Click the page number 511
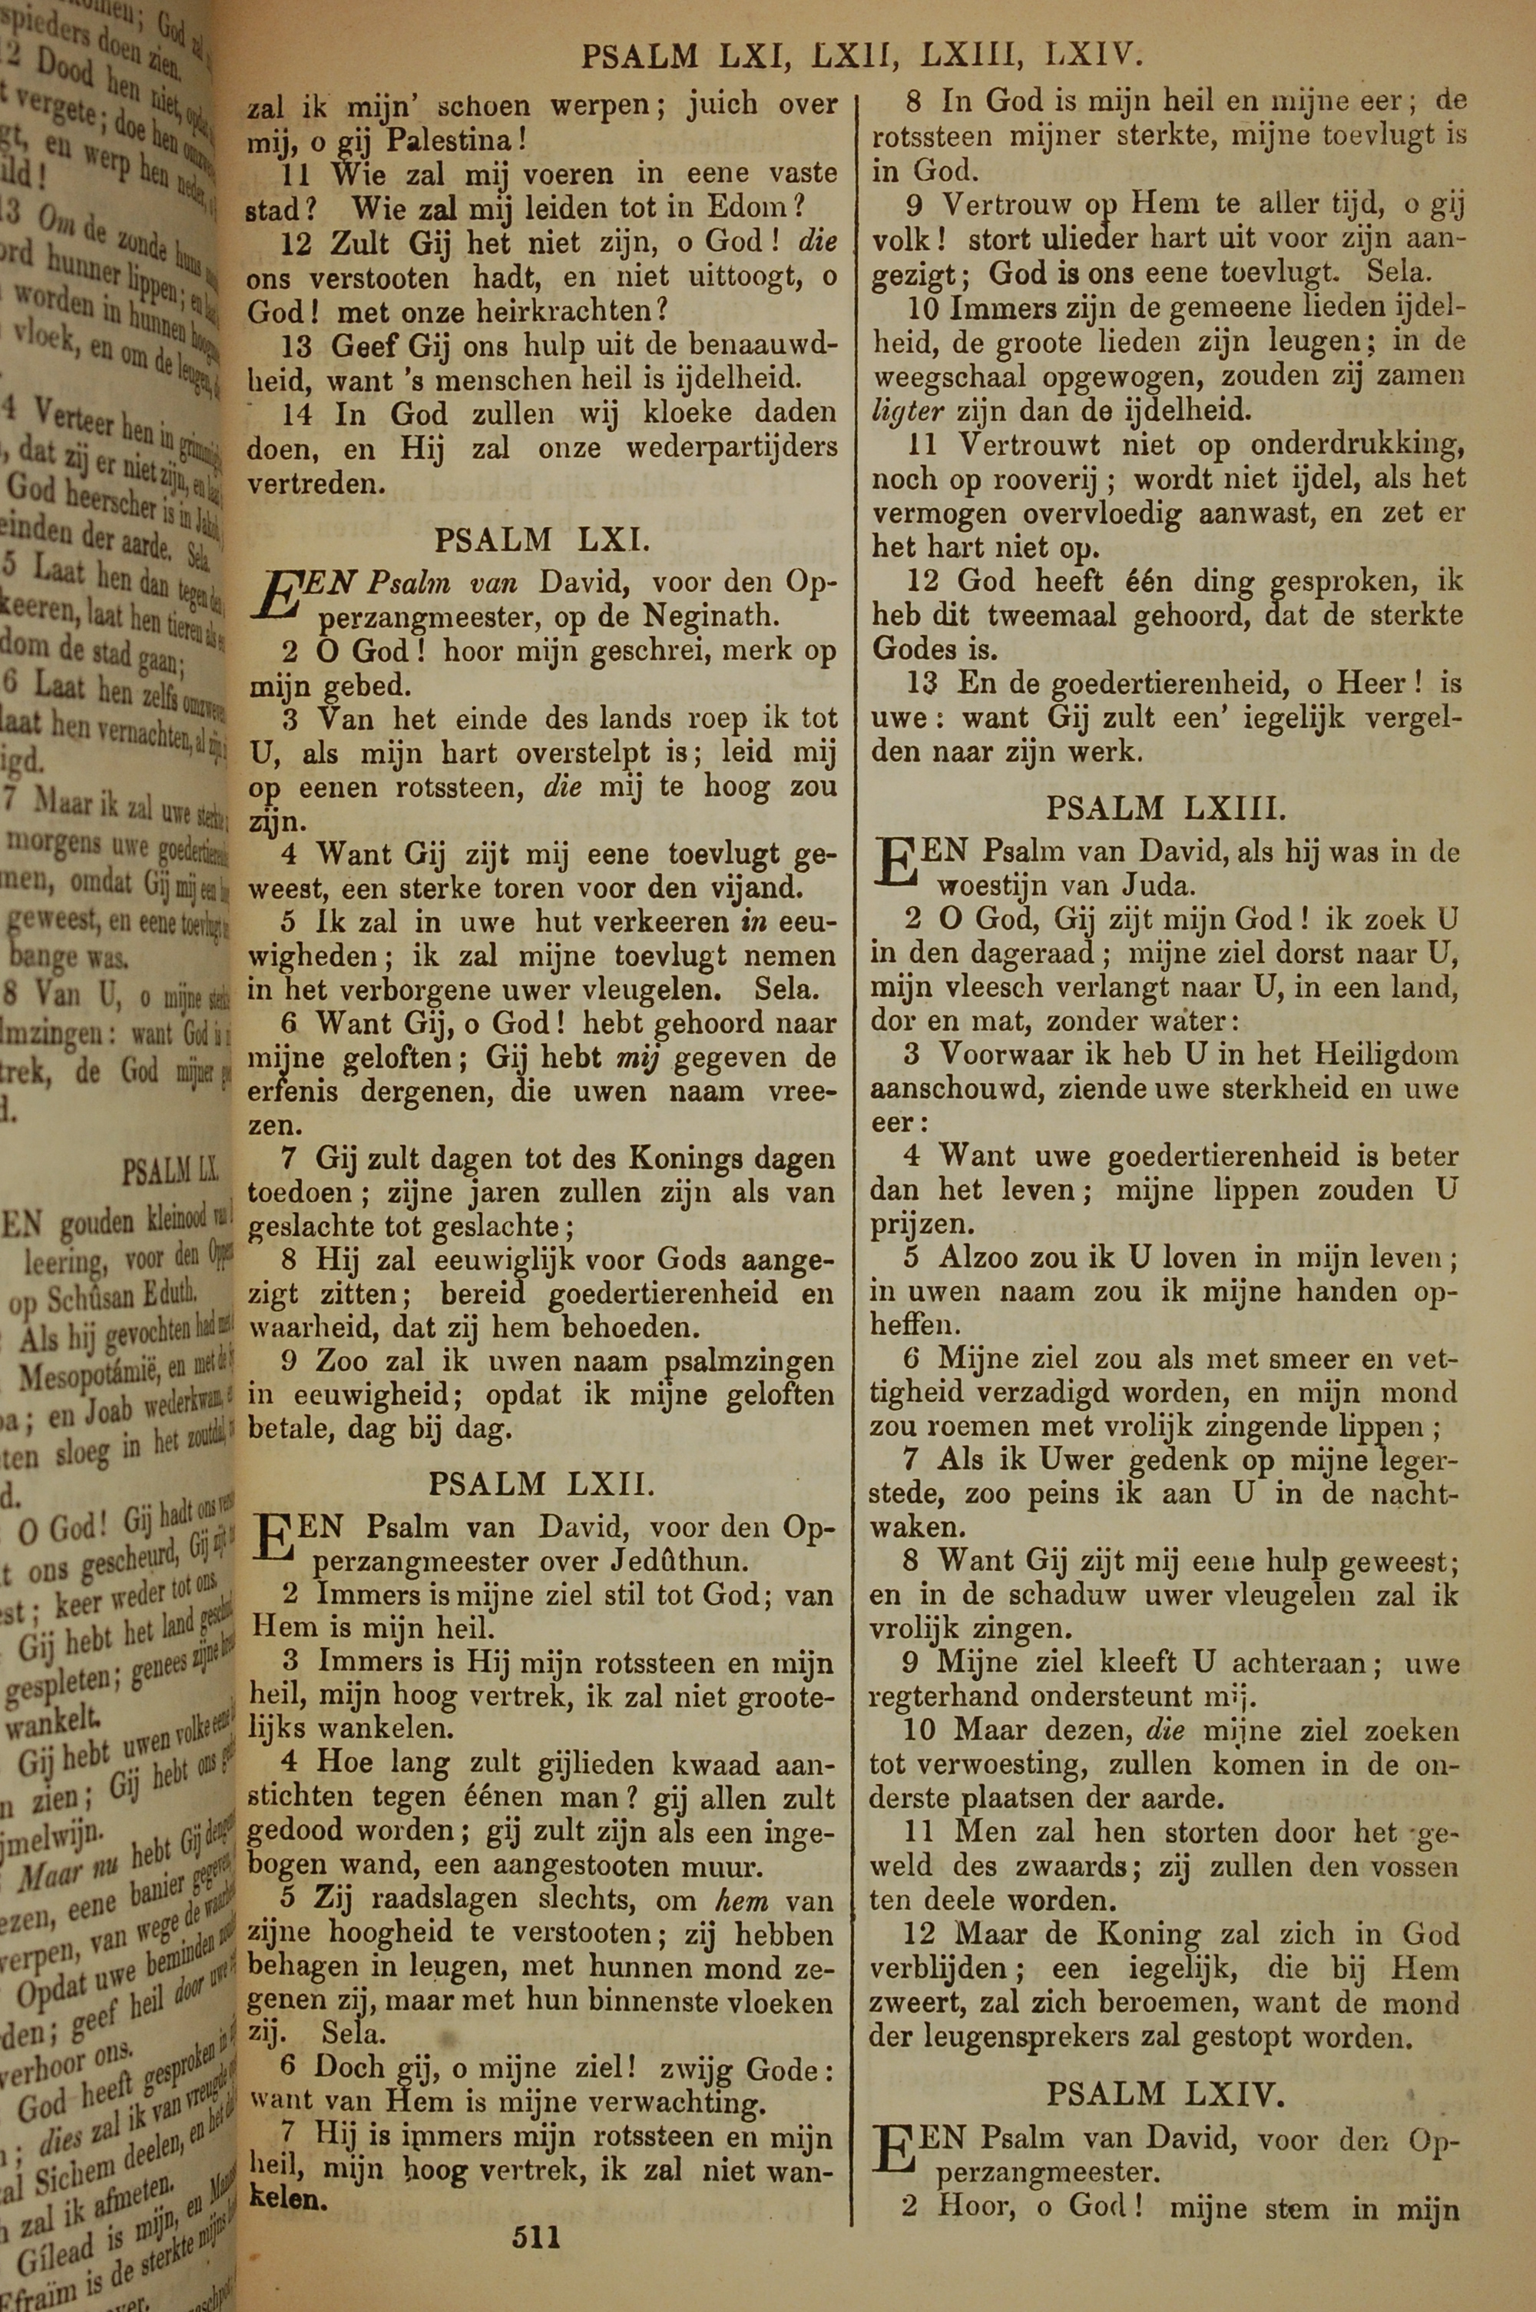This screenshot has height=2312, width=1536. coord(536,2208)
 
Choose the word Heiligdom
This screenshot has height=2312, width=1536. coord(1384,1055)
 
